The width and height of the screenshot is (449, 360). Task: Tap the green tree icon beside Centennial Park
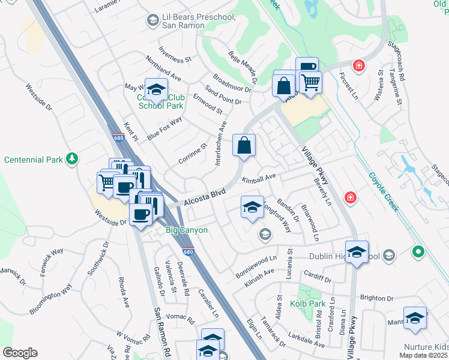pos(73,158)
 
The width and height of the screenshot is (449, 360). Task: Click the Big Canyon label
pos(187,230)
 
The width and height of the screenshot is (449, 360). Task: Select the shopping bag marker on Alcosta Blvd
pos(244,145)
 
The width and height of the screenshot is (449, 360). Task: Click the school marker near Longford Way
pos(252,207)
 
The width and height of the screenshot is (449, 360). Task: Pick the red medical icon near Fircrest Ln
pos(359,65)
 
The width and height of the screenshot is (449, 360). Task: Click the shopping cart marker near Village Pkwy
pos(310,82)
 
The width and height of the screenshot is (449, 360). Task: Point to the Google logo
pos(20,353)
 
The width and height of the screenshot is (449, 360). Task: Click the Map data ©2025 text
pos(423,355)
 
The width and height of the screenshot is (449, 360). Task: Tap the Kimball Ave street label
pos(258,179)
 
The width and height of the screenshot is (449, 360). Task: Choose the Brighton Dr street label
pos(376,298)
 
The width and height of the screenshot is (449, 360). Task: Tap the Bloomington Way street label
pos(51,298)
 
